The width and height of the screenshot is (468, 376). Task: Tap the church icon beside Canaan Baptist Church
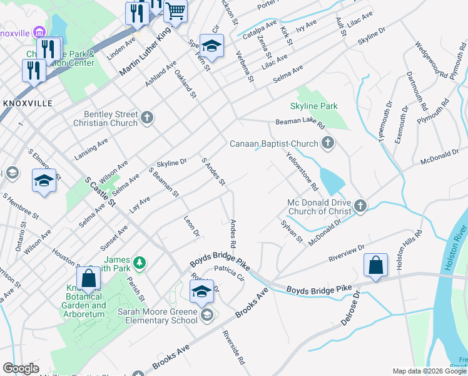[327, 144]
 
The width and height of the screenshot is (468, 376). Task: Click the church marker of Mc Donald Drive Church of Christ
[360, 206]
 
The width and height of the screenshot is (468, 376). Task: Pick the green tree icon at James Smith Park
[141, 261]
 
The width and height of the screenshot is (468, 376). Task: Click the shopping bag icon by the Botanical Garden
[88, 278]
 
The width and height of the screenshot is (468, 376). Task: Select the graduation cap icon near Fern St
[212, 46]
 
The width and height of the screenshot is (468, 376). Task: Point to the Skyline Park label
[314, 107]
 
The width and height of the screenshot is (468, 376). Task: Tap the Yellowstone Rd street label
[302, 171]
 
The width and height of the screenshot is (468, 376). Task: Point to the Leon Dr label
[191, 226]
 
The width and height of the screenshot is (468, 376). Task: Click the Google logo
[21, 368]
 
